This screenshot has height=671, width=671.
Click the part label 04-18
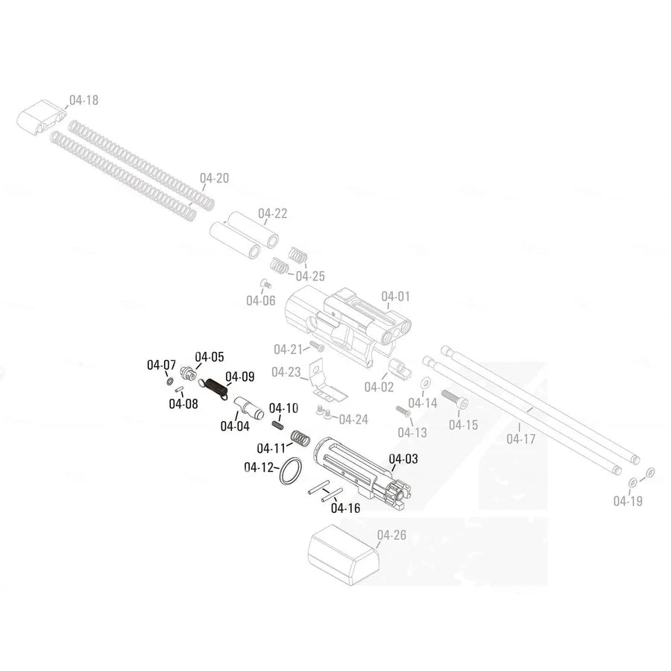point(84,100)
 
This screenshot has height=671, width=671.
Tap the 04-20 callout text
point(215,178)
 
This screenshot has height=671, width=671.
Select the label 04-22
point(273,214)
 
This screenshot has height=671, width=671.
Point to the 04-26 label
point(392,535)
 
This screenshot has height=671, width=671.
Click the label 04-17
point(521,439)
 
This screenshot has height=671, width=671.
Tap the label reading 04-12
point(259,467)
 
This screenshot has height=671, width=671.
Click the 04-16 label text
point(344,508)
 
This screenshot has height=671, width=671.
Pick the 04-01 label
point(396,297)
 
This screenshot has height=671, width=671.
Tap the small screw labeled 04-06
point(264,283)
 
